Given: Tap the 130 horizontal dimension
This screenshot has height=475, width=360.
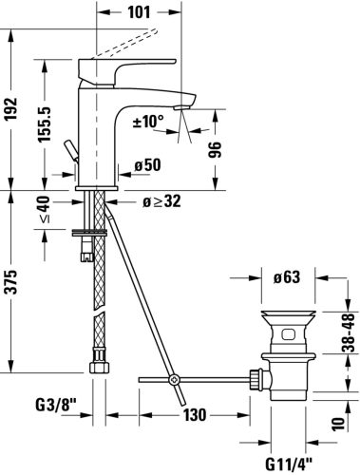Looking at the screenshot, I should tap(195, 415).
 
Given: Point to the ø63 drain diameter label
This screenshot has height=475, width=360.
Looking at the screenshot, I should tap(286, 278).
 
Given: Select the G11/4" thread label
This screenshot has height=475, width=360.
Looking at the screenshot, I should tap(284, 462).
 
